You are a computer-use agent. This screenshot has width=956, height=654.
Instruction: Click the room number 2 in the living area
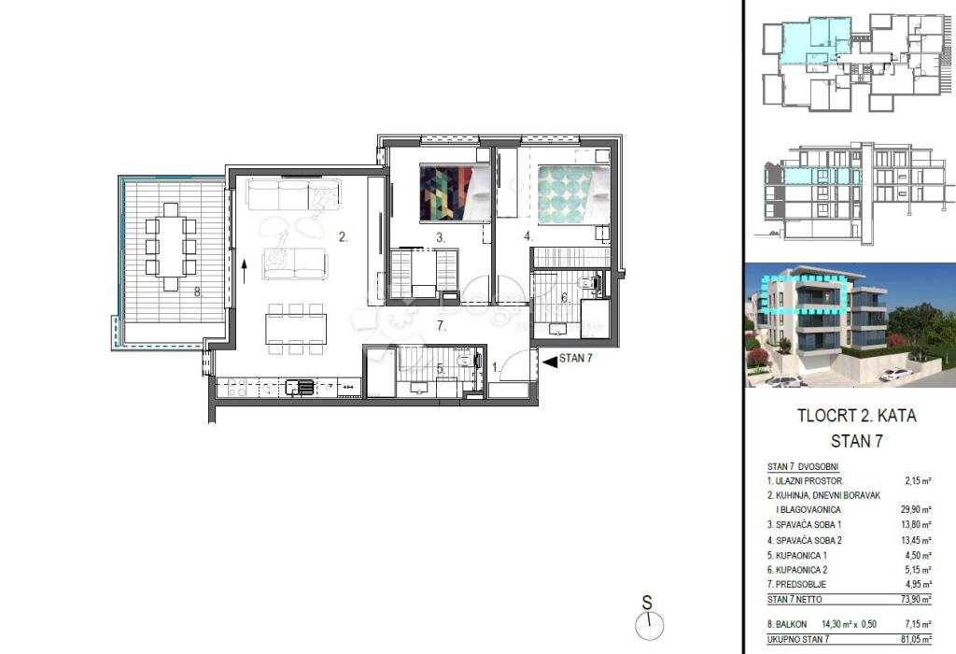point(344,237)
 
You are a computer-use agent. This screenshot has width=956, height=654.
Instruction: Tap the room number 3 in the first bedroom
point(441,238)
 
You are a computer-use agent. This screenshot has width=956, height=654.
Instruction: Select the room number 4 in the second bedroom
point(528,236)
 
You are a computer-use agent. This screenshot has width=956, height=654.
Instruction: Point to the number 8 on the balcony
point(198,291)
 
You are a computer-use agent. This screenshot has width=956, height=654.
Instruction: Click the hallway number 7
point(442,326)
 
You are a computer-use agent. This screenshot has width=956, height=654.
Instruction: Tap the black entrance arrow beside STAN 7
point(549,362)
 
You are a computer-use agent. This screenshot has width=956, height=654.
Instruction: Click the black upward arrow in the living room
point(244,271)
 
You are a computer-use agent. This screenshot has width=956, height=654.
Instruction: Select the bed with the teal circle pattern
point(574,194)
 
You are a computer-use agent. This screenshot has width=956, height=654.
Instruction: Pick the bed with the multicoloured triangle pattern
point(455,193)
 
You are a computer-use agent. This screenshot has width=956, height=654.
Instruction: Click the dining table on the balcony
point(172,247)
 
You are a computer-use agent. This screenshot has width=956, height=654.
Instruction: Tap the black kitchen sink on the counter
point(300,387)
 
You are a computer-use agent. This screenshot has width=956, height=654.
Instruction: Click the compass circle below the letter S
point(650,625)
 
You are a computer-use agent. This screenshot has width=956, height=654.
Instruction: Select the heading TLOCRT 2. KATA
point(857,416)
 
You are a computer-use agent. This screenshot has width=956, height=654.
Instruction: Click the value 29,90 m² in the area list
point(917,510)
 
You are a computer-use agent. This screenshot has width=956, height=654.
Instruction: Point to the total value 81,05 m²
point(917,639)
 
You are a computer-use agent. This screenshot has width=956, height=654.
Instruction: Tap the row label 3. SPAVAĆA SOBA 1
point(804,525)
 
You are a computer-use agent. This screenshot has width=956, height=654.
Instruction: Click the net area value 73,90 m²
point(917,600)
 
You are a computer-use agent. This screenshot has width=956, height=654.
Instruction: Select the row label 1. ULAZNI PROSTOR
point(804,481)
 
